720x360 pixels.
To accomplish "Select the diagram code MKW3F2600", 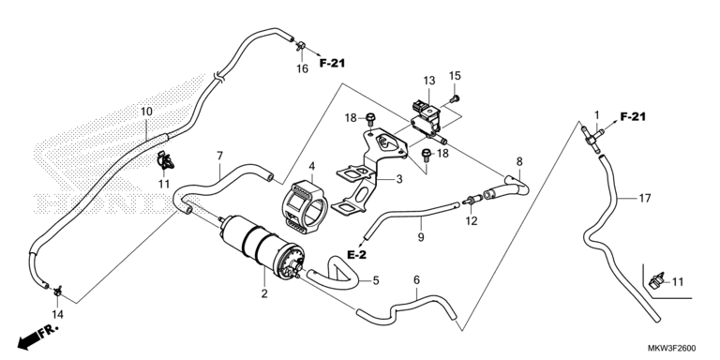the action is coord(673,348).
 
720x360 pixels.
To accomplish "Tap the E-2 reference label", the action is coord(356,255).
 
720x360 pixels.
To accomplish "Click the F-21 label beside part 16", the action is coord(332,64).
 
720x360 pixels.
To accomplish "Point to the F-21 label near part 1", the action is coord(633,117).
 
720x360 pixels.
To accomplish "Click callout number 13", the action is coord(428,81).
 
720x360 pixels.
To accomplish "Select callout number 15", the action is coord(455,76).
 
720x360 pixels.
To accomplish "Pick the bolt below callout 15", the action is coord(455,97).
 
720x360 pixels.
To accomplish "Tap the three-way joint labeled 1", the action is coord(592,136).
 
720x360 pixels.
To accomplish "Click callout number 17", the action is coord(645,199).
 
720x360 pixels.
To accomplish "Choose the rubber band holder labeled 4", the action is coord(304,205).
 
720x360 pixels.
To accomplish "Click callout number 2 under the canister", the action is coord(264,293).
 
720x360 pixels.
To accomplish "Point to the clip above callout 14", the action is coord(57,291).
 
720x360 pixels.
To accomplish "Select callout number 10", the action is coord(146,112).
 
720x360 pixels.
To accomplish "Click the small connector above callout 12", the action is coord(472,200).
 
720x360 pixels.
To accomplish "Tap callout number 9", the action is coord(421,237).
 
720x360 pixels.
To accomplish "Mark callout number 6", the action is coord(416,279).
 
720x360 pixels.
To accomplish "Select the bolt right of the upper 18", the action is coord(371,118).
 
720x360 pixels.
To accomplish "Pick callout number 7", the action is coord(219,156).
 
